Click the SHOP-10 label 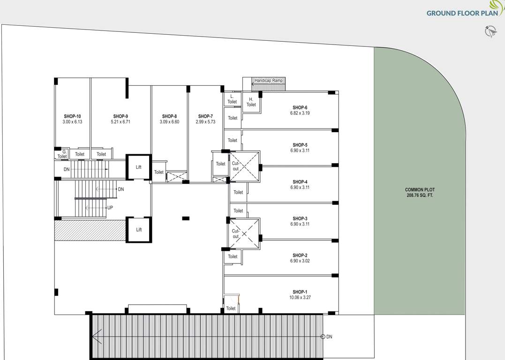(x=72, y=116)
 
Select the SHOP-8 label (x=169, y=116)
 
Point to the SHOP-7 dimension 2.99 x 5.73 (x=205, y=122)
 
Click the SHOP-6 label (x=300, y=107)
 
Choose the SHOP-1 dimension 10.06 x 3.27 (x=300, y=298)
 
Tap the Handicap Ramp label (x=269, y=81)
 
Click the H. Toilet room (x=251, y=102)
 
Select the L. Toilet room (x=232, y=99)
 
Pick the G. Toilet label (x=62, y=154)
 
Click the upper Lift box (x=139, y=167)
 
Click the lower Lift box (x=139, y=230)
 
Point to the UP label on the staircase (x=110, y=207)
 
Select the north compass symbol (x=490, y=31)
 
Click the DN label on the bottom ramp (x=329, y=337)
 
